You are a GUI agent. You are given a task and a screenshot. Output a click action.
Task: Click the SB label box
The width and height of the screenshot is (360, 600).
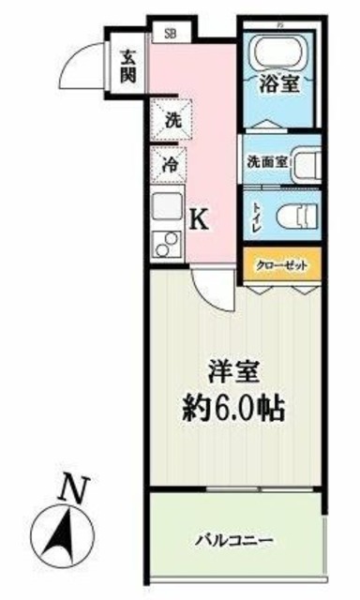pyautogui.click(x=170, y=32)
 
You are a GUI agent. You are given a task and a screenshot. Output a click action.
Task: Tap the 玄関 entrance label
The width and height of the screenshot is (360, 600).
pyautogui.click(x=127, y=65)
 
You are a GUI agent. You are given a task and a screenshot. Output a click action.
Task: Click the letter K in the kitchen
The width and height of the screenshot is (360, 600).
pyautogui.click(x=199, y=220)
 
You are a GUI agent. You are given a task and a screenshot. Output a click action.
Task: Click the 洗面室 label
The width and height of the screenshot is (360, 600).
pyautogui.click(x=264, y=160)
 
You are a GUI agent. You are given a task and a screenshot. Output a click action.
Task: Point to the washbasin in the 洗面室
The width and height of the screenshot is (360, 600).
pyautogui.click(x=305, y=162)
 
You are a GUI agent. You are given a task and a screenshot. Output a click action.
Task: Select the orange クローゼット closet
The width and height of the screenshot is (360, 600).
pyautogui.click(x=283, y=264)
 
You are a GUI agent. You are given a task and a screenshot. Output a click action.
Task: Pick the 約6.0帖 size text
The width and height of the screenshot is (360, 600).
pyautogui.click(x=234, y=408)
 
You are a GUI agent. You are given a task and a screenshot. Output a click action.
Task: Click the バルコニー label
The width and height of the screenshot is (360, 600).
pyautogui.click(x=234, y=541)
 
